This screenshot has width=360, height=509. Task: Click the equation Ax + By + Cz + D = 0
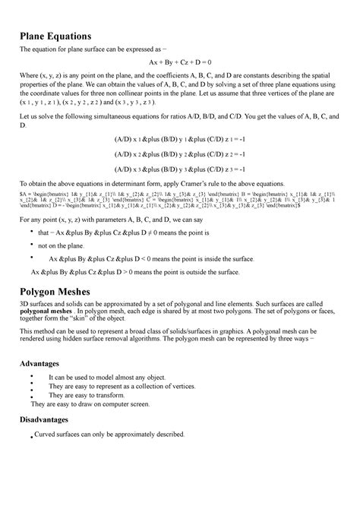pyautogui.click(x=180, y=62)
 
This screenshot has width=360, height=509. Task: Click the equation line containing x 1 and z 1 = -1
pyautogui.click(x=180, y=141)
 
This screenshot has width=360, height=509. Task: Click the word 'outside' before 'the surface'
pyautogui.click(x=201, y=272)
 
